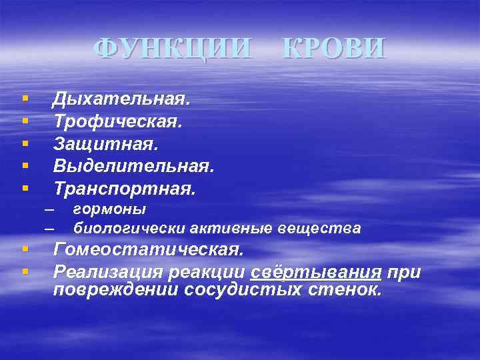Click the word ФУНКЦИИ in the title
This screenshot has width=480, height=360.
[x=173, y=48]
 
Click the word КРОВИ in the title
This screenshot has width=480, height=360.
[x=333, y=48]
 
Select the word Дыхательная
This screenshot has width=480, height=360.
[x=121, y=99]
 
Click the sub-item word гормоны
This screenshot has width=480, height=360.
[x=109, y=209]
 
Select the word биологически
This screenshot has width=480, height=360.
[x=129, y=229]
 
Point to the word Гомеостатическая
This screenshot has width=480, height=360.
[x=148, y=250]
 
